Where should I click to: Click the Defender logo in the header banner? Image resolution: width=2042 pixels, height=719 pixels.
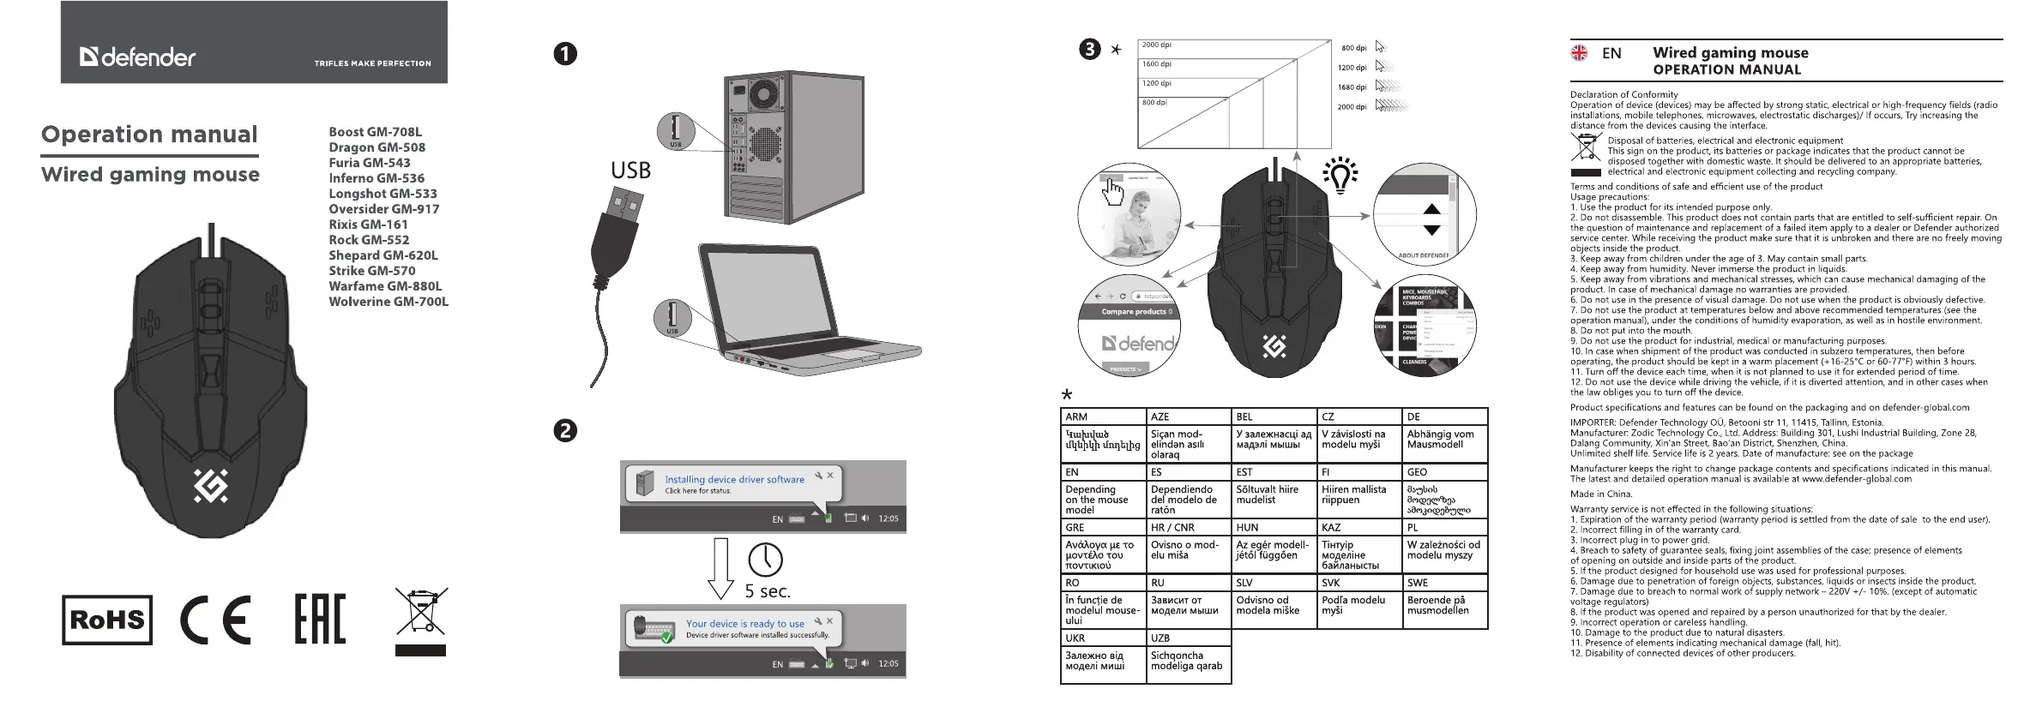[x=137, y=57]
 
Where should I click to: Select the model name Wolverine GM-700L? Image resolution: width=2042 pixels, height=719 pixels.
[x=389, y=302]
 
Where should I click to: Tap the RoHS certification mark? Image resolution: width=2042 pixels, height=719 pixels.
[x=107, y=620]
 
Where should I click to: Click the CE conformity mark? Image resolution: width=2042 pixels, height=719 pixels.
[x=215, y=620]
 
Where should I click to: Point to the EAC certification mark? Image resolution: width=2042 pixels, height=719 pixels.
[x=320, y=619]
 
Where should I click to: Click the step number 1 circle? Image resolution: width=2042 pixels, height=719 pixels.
[x=565, y=54]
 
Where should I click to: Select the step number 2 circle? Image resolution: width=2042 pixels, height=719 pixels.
[x=565, y=431]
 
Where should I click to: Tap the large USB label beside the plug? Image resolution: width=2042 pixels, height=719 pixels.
[x=630, y=171]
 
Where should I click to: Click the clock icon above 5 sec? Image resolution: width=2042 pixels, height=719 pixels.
[x=765, y=560]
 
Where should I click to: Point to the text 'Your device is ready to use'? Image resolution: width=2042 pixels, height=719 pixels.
[x=744, y=624]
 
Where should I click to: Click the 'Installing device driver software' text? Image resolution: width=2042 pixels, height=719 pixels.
[x=734, y=480]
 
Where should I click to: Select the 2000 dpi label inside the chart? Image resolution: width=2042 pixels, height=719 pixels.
[x=1156, y=45]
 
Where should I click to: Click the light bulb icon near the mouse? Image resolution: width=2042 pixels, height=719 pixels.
[x=1340, y=176]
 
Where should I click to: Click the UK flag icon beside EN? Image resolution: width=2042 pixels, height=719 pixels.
[x=1579, y=53]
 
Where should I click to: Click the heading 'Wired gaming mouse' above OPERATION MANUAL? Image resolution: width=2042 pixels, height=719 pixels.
[x=1730, y=53]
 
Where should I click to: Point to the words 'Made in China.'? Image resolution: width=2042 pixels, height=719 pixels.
[x=1600, y=494]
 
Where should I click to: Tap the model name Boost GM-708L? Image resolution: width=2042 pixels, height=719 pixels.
[x=375, y=132]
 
